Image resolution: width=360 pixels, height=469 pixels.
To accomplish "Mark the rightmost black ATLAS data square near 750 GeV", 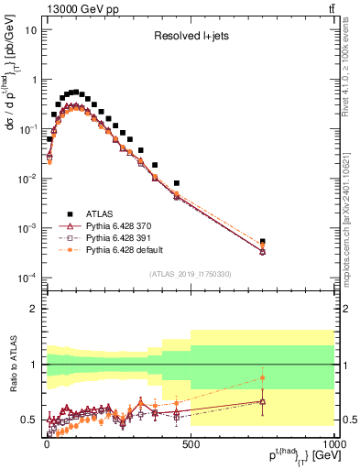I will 263,242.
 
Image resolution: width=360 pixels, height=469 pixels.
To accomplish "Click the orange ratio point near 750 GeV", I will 263,377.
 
